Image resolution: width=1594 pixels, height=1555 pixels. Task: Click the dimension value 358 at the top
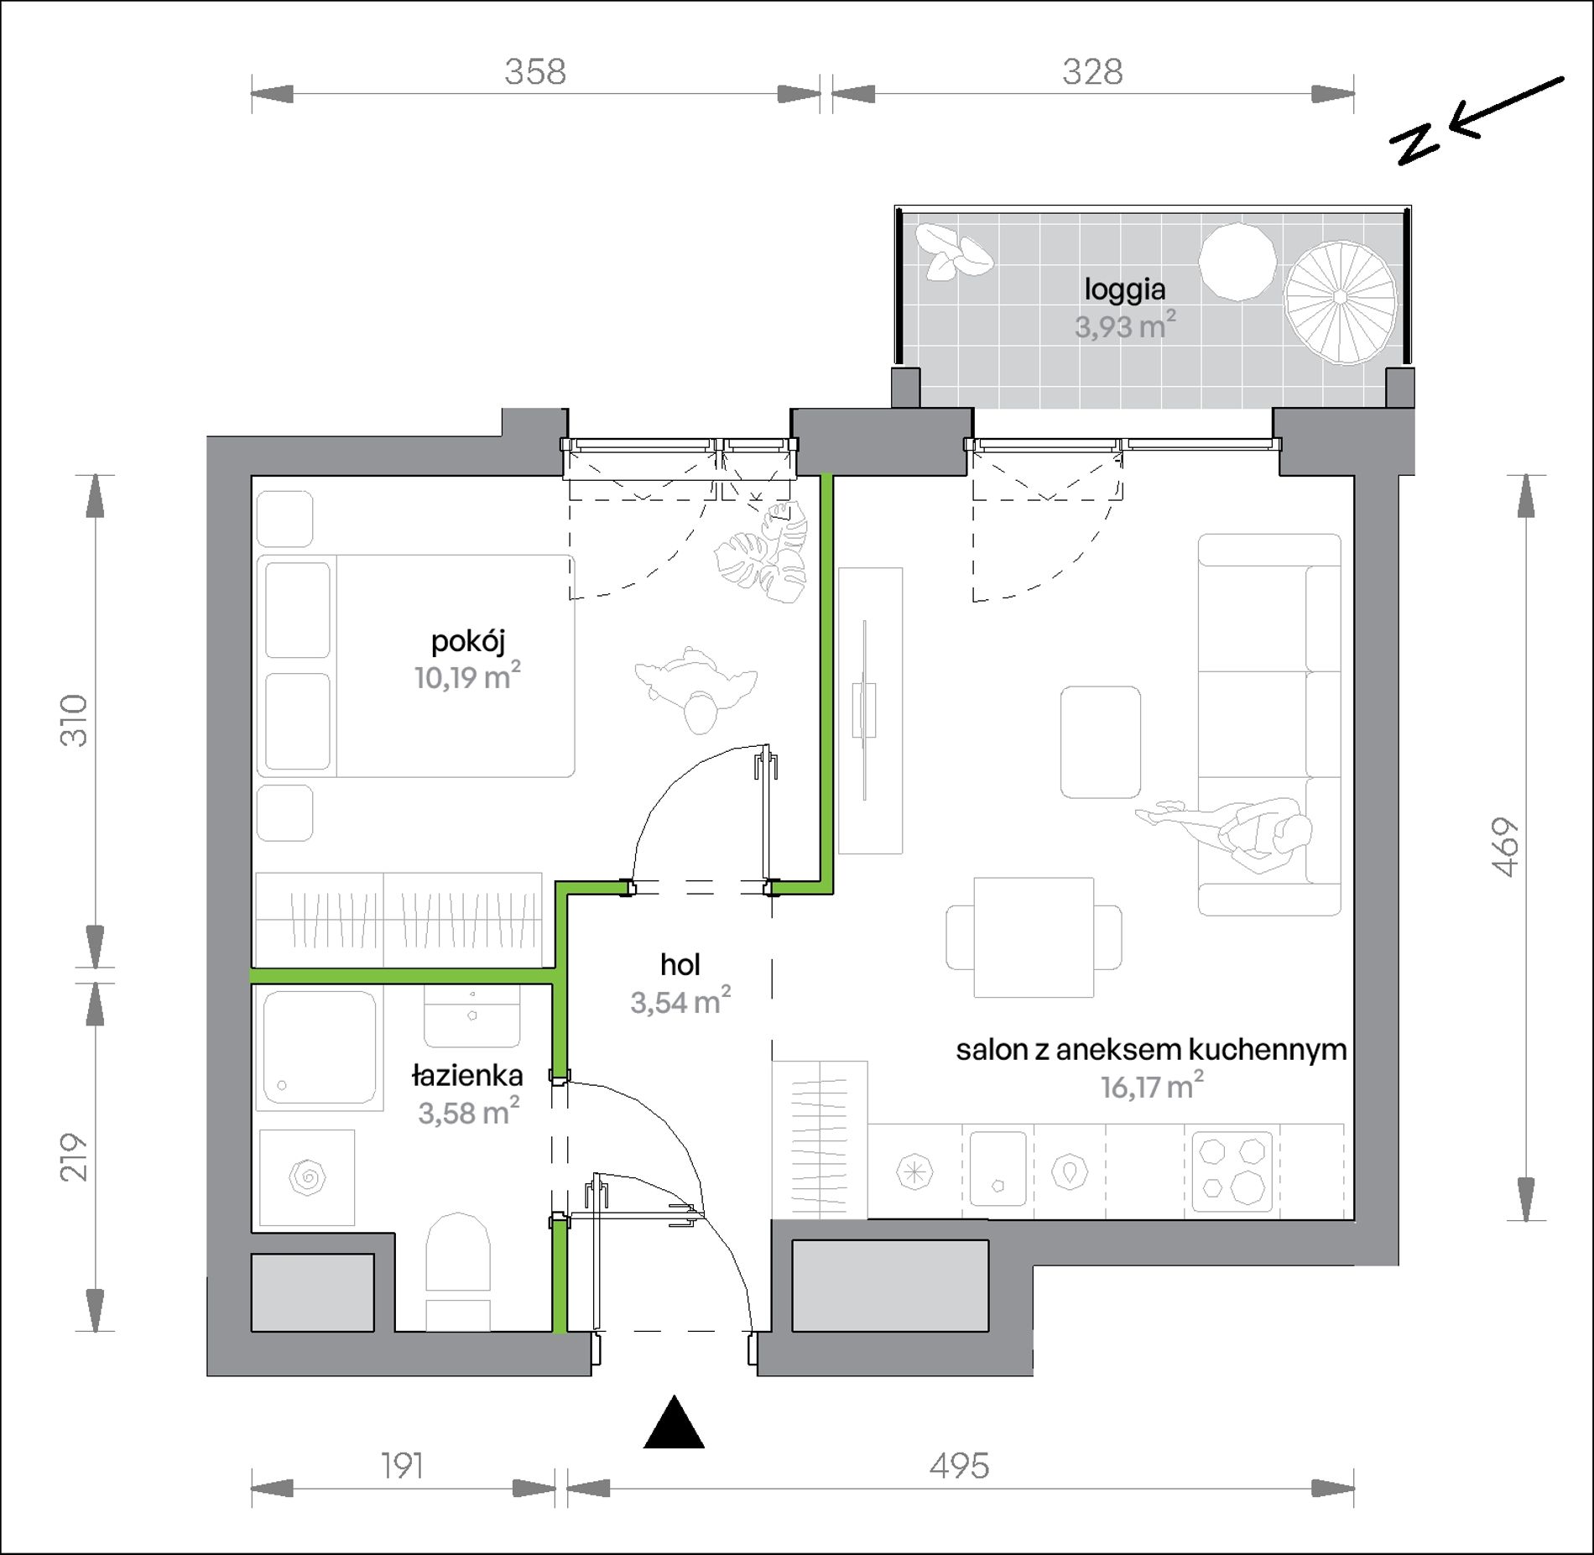pyautogui.click(x=535, y=72)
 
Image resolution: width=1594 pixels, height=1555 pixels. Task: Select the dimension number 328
pyautogui.click(x=1092, y=72)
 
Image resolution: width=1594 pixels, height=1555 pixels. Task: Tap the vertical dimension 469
pyautogui.click(x=1507, y=848)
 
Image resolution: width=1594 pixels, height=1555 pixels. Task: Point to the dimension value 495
pyautogui.click(x=959, y=1466)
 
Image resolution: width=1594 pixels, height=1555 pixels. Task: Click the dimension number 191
pyautogui.click(x=403, y=1466)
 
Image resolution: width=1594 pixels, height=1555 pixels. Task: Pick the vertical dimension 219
pyautogui.click(x=74, y=1157)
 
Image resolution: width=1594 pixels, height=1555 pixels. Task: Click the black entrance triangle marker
pyautogui.click(x=674, y=1422)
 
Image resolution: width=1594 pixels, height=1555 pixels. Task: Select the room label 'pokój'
pyautogui.click(x=468, y=641)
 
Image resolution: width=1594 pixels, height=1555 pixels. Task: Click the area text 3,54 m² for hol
pyautogui.click(x=680, y=1001)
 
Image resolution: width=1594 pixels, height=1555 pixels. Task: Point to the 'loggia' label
pyautogui.click(x=1125, y=290)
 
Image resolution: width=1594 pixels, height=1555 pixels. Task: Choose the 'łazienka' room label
pyautogui.click(x=467, y=1075)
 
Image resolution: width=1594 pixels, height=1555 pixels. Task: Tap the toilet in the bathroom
pyautogui.click(x=457, y=1270)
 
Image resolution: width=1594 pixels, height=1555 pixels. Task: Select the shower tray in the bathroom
pyautogui.click(x=319, y=1048)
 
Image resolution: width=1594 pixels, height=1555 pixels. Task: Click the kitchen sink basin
pyautogui.click(x=998, y=1168)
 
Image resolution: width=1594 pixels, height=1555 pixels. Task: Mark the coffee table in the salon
pyautogui.click(x=1100, y=742)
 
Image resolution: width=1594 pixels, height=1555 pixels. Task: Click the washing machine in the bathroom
pyautogui.click(x=307, y=1177)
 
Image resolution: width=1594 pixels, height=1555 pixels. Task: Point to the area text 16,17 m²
pyautogui.click(x=1152, y=1088)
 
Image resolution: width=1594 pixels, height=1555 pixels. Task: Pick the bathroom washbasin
pyautogui.click(x=471, y=1015)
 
